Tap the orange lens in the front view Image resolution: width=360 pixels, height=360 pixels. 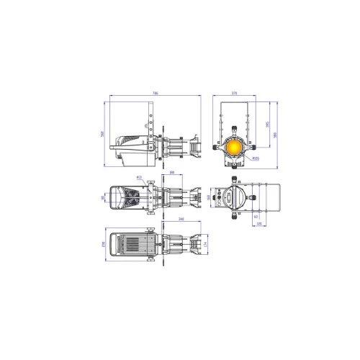(x=235, y=146)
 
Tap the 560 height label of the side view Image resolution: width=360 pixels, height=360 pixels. (x=104, y=134)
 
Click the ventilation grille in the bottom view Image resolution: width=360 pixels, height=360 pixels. (x=134, y=246)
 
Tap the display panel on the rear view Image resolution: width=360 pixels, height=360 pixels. (x=230, y=196)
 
